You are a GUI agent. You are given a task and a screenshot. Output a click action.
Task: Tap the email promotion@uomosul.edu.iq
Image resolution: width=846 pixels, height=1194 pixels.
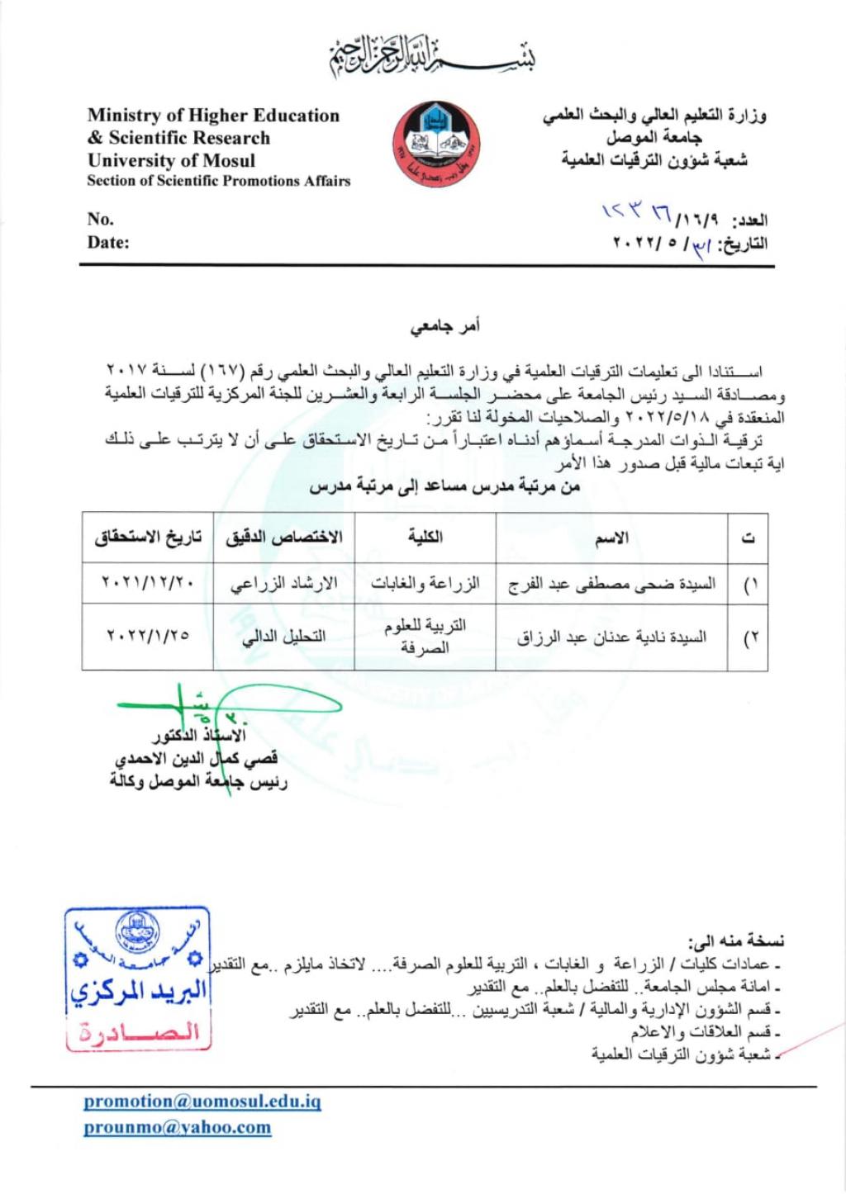point(202,1101)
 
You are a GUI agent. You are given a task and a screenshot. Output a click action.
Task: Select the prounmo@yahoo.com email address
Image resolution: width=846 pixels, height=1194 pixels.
point(177,1127)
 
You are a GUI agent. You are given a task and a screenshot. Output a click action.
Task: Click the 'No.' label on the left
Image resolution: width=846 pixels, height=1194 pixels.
point(100,219)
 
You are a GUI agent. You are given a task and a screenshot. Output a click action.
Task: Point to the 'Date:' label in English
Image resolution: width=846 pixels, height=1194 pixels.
point(108,243)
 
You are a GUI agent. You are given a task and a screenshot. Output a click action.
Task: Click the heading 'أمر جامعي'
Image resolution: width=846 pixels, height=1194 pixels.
point(445,326)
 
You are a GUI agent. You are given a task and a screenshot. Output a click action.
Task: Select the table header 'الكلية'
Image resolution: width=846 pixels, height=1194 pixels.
point(425,538)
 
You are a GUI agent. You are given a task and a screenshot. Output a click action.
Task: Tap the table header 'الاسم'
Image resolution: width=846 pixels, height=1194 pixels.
point(611,538)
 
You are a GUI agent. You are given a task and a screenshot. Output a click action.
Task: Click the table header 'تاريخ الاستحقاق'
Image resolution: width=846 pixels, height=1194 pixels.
point(148,538)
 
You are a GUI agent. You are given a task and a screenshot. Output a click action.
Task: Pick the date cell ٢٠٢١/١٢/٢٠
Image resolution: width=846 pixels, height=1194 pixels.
point(148,583)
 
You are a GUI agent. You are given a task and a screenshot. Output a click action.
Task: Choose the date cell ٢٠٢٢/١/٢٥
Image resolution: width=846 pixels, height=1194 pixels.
point(148,636)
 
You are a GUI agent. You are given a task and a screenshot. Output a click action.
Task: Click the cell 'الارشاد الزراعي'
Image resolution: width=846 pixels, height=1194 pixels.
point(283,584)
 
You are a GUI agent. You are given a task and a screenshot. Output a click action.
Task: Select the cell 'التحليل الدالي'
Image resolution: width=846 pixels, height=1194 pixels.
point(283,637)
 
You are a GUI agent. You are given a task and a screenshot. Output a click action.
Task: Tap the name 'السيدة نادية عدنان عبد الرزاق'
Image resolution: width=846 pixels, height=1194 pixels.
point(611,637)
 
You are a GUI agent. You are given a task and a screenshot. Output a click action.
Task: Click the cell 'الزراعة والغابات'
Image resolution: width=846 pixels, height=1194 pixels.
point(425,584)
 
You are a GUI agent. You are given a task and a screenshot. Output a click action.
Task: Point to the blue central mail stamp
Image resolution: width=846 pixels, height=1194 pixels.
point(137,978)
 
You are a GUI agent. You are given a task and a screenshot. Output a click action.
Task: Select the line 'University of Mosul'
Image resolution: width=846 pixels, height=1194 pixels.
point(171,160)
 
